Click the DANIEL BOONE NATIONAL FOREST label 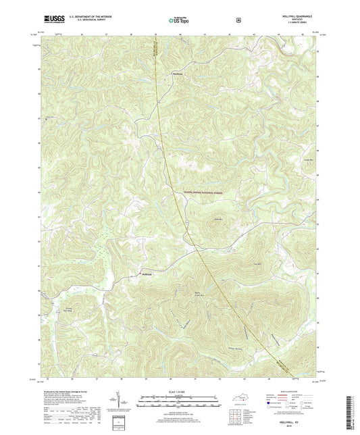coord(199,193)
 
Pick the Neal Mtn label coord(218,219)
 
